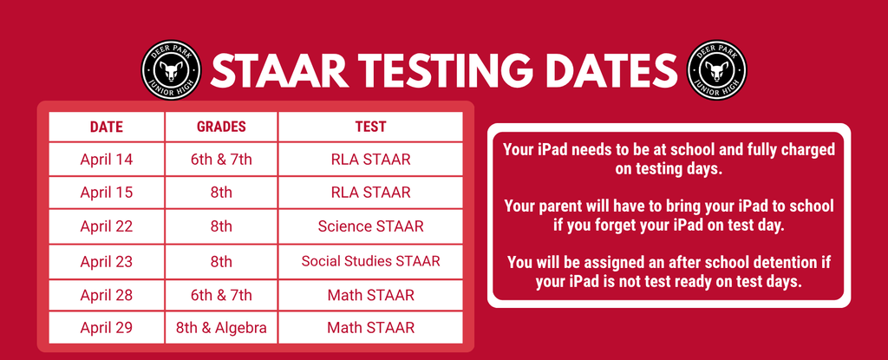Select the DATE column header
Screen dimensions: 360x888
pyautogui.click(x=107, y=127)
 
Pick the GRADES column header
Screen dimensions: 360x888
pyautogui.click(x=221, y=127)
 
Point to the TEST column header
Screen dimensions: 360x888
pyautogui.click(x=370, y=127)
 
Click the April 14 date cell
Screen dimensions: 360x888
pyautogui.click(x=107, y=160)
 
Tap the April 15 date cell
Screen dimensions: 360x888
pyautogui.click(x=107, y=193)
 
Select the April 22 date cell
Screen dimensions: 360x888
pyautogui.click(x=107, y=227)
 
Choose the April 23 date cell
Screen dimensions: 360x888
pyautogui.click(x=107, y=261)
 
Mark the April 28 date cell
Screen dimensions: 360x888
pyautogui.click(x=107, y=295)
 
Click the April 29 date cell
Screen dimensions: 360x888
pyautogui.click(x=107, y=328)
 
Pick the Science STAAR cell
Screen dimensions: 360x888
pyautogui.click(x=370, y=227)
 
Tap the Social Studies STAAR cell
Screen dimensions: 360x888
pyautogui.click(x=370, y=261)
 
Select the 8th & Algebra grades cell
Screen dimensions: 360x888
pyautogui.click(x=221, y=328)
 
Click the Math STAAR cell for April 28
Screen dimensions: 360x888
pyautogui.click(x=370, y=295)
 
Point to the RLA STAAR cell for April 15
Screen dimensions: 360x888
pyautogui.click(x=370, y=193)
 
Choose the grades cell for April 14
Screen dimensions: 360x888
pyautogui.click(x=221, y=160)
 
